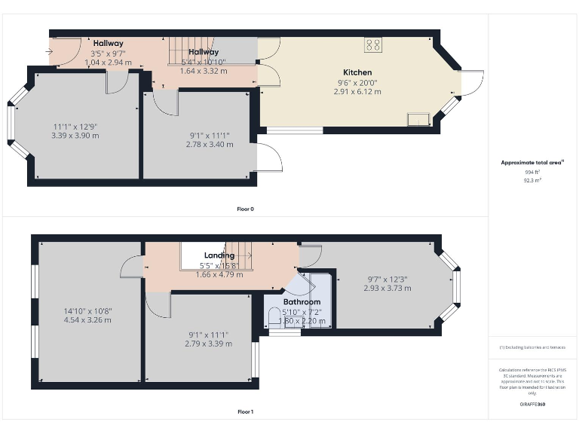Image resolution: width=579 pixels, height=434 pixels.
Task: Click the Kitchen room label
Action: coord(358,73)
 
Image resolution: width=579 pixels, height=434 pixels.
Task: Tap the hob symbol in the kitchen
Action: coord(373,44)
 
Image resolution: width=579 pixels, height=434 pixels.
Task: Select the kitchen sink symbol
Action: coord(417,119)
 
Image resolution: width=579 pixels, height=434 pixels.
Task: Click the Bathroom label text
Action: coord(302,302)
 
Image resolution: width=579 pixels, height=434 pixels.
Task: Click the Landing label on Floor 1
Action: coord(219,256)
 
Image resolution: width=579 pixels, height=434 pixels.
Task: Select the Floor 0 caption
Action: coord(245,209)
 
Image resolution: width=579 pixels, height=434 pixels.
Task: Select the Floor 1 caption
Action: coord(245,412)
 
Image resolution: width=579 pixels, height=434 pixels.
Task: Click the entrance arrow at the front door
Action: coord(50,52)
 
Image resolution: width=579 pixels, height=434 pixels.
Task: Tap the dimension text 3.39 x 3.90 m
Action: coord(75,136)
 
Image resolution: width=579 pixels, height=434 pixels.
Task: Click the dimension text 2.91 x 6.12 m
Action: coord(358,92)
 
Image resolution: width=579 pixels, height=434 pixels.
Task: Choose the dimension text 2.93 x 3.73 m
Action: coord(387,288)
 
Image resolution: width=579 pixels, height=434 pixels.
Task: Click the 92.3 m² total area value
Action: coord(532,181)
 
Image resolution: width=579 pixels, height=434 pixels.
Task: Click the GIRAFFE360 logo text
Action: coord(532,405)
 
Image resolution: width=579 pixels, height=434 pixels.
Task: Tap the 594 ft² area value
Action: coord(532,173)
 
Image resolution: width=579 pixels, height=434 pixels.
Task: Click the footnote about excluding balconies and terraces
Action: coord(532,347)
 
